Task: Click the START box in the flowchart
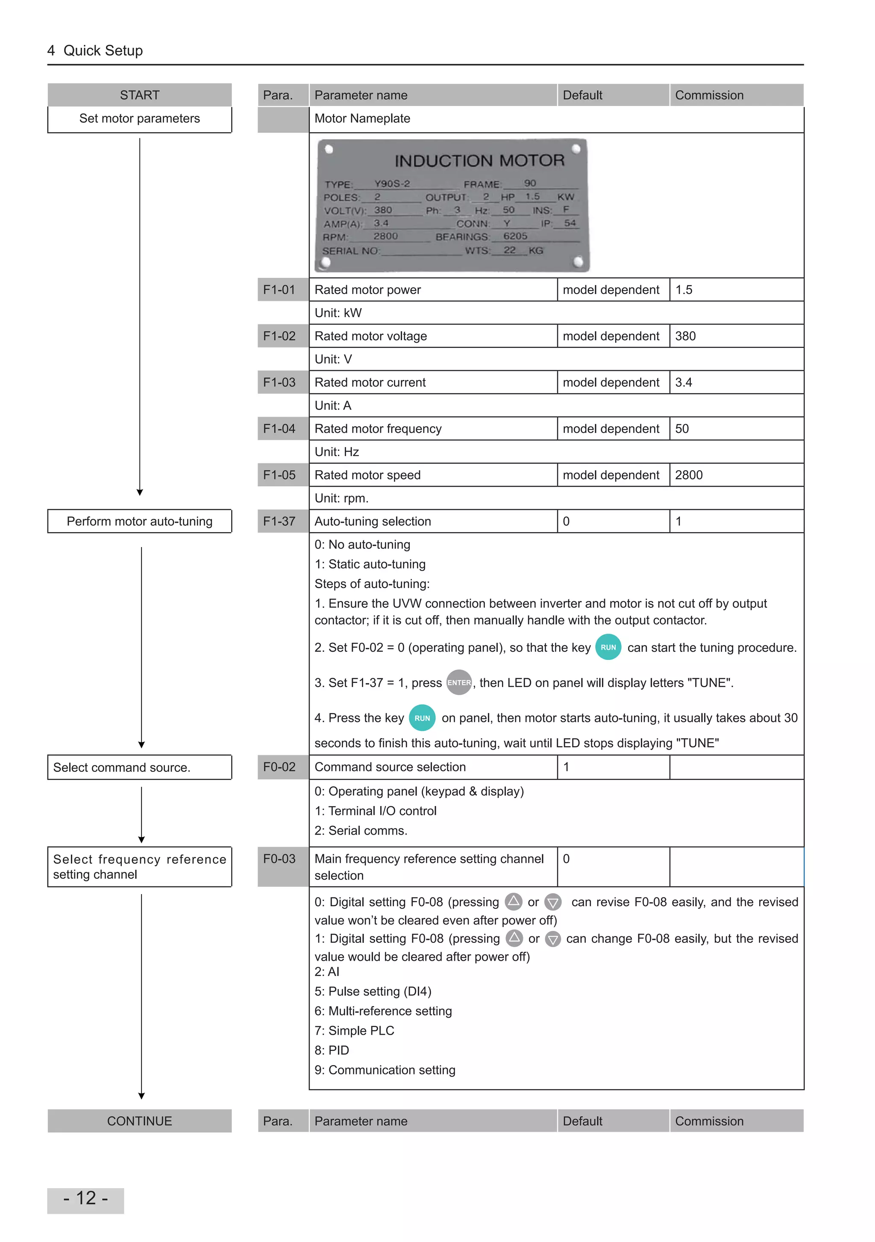point(140,95)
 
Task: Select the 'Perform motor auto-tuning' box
point(140,521)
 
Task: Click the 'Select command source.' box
point(140,767)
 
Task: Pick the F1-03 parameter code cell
point(279,383)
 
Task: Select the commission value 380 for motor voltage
point(685,336)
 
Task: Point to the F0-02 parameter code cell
point(279,767)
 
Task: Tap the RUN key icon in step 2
point(608,647)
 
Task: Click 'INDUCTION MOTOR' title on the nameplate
point(479,160)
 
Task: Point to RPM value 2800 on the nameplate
point(385,236)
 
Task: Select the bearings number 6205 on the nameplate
point(515,236)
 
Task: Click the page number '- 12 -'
point(85,1198)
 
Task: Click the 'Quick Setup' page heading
point(103,50)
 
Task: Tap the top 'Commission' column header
point(709,95)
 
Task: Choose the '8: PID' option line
point(332,1050)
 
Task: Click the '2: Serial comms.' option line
point(361,830)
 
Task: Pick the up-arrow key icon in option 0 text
point(513,901)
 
